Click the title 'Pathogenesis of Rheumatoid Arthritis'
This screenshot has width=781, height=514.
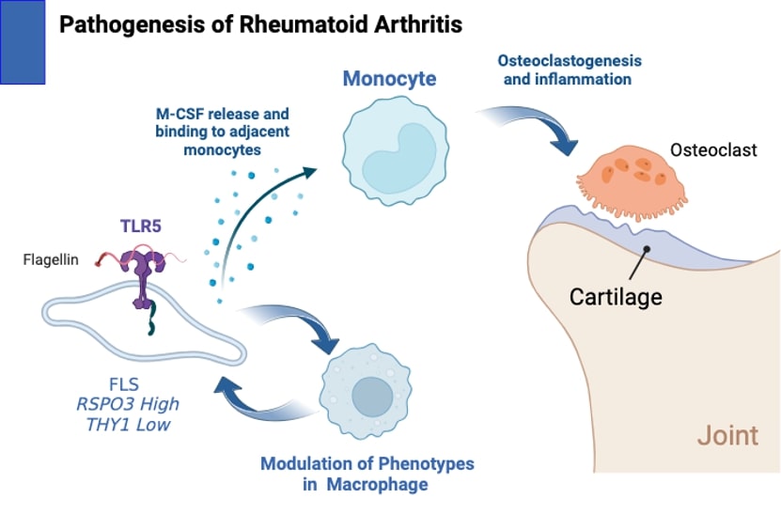[x=260, y=23]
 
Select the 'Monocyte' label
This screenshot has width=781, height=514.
[x=388, y=79]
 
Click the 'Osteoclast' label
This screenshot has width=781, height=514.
[x=713, y=150]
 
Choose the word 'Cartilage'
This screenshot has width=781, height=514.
[x=616, y=297]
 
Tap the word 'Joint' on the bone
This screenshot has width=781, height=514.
[x=727, y=436]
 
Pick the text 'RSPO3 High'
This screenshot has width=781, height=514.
[x=128, y=406]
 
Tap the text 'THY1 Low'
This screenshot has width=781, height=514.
[x=128, y=426]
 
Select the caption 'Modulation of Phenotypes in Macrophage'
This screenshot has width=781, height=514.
[x=367, y=474]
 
